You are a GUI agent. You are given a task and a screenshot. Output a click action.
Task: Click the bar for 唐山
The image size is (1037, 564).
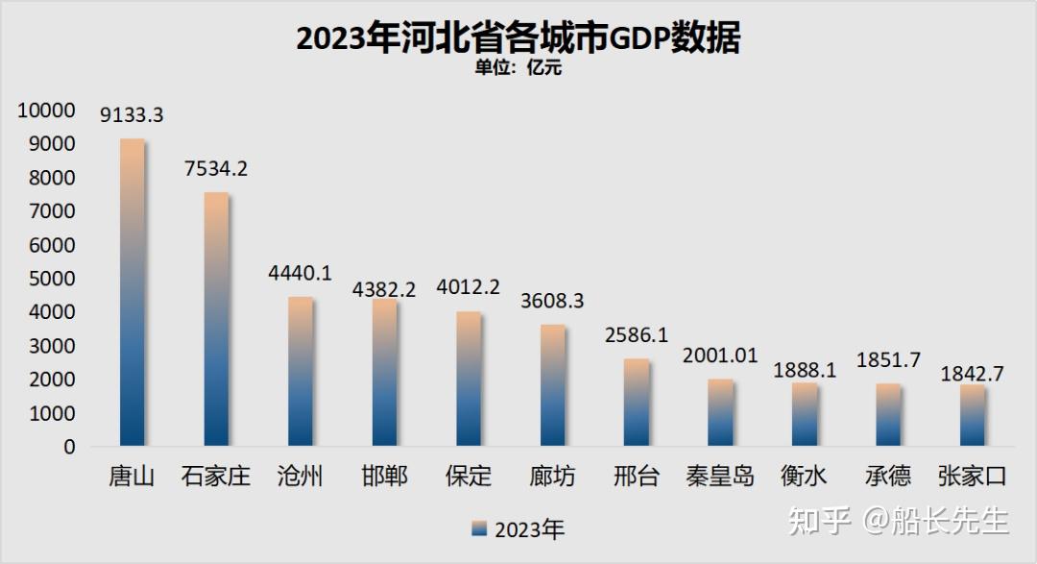[132, 293]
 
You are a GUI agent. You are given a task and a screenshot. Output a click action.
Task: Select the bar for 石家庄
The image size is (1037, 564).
[216, 320]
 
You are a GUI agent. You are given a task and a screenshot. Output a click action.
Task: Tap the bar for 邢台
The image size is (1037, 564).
[636, 404]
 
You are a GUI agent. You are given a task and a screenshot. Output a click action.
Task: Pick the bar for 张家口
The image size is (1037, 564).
[972, 416]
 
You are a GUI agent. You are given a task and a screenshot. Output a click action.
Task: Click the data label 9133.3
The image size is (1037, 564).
[132, 115]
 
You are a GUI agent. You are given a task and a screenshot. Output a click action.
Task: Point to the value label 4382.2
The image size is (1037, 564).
[384, 288]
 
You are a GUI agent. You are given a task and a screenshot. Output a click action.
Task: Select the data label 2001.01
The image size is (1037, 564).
[720, 356]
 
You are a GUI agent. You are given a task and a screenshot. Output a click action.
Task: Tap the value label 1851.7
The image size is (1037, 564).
[888, 360]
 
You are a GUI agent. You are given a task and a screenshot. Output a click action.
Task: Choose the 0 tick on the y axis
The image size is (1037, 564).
[69, 447]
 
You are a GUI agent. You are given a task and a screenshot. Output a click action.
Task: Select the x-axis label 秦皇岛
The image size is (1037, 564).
[720, 476]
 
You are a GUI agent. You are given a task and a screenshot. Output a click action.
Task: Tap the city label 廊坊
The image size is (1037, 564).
[552, 476]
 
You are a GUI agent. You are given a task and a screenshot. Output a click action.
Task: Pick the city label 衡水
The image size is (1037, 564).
[804, 476]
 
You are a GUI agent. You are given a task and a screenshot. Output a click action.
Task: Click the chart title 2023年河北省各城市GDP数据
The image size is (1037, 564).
[518, 38]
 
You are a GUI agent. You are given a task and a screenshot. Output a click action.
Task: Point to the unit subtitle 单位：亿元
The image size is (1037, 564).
[518, 67]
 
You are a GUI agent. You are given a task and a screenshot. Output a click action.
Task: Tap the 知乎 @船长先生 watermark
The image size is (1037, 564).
[898, 521]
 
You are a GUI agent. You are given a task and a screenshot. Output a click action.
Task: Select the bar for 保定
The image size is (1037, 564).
[468, 380]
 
